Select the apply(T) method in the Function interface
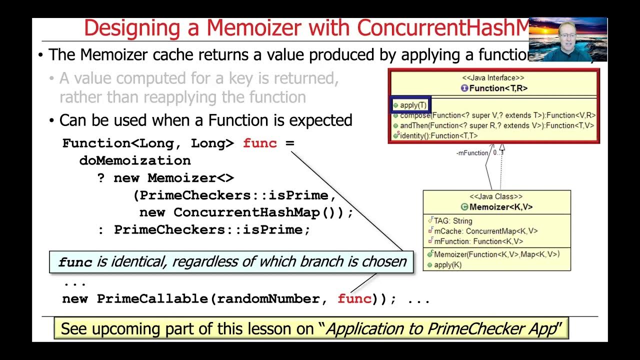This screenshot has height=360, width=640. pos(412,105)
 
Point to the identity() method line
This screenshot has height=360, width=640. pos(438,135)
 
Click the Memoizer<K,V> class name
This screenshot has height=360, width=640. pos(500,207)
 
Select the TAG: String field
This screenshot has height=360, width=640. pos(452,220)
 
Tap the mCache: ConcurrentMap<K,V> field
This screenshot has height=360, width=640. pos(485,231)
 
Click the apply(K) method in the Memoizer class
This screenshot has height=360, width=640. pos(447,265)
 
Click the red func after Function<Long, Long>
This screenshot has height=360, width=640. pos(259,143)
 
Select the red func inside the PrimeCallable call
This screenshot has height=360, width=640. pos(354,299)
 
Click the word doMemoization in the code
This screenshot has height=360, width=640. pos(135,160)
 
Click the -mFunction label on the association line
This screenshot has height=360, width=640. pos(471,153)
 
